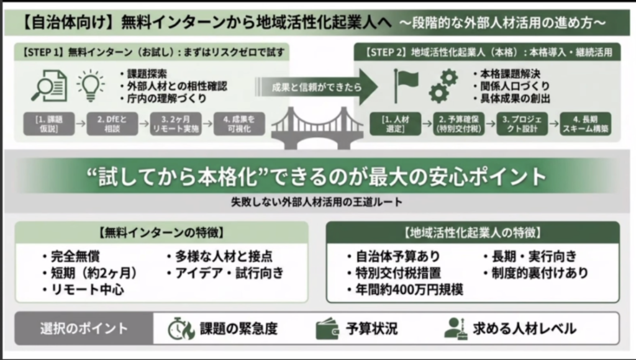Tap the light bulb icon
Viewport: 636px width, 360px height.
click(90, 86)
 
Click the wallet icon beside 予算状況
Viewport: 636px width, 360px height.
click(327, 328)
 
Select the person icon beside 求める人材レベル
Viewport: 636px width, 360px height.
click(456, 328)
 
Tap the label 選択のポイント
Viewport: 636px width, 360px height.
click(84, 328)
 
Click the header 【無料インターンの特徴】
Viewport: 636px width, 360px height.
click(161, 233)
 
